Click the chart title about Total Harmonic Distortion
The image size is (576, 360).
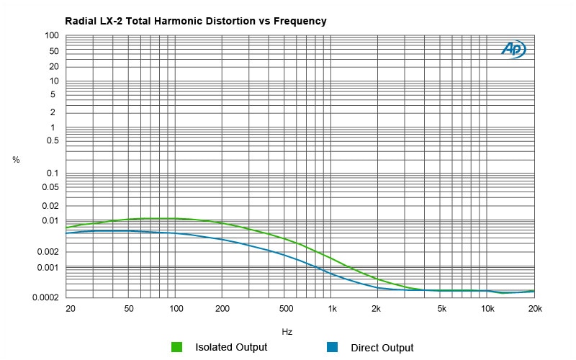pos(195,22)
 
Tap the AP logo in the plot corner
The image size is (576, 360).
pos(513,49)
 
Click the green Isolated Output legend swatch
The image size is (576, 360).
pos(177,347)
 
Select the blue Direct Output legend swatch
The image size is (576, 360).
pos(332,347)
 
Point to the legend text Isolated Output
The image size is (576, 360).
pos(231,347)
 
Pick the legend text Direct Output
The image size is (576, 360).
pos(382,348)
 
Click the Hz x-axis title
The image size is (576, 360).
pos(287,332)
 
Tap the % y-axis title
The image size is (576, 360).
pos(16,160)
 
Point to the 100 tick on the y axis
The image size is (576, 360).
pos(51,35)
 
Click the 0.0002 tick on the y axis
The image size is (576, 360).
pos(45,297)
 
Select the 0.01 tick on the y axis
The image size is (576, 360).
pos(49,220)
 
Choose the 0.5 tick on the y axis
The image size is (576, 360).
pos(51,140)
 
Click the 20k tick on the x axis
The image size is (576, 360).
pos(534,309)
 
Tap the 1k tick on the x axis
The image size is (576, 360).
pos(332,309)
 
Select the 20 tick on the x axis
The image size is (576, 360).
pos(70,309)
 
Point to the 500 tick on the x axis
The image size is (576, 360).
pos(286,309)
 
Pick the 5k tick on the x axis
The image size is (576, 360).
pos(441,309)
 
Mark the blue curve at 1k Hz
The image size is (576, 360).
pos(332,273)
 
